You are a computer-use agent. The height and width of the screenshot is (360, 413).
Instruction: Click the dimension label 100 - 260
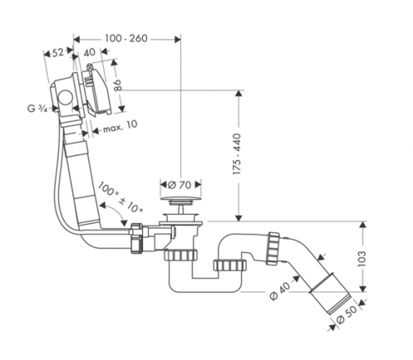pos(126,39)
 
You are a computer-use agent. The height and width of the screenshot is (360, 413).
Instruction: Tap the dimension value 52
pos(58,52)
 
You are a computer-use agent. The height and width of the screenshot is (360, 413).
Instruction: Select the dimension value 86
pos(118,85)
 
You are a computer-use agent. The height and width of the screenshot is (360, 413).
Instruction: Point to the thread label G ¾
pos(37,108)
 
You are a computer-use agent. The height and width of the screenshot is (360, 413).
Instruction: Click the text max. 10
pos(121,126)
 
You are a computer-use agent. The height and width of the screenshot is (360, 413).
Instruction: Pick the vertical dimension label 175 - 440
pos(237,154)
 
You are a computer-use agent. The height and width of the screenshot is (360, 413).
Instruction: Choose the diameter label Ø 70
pos(179,185)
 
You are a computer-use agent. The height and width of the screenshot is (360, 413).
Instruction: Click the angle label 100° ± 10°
pos(120,197)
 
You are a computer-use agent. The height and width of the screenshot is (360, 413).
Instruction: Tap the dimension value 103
pos(362,258)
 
